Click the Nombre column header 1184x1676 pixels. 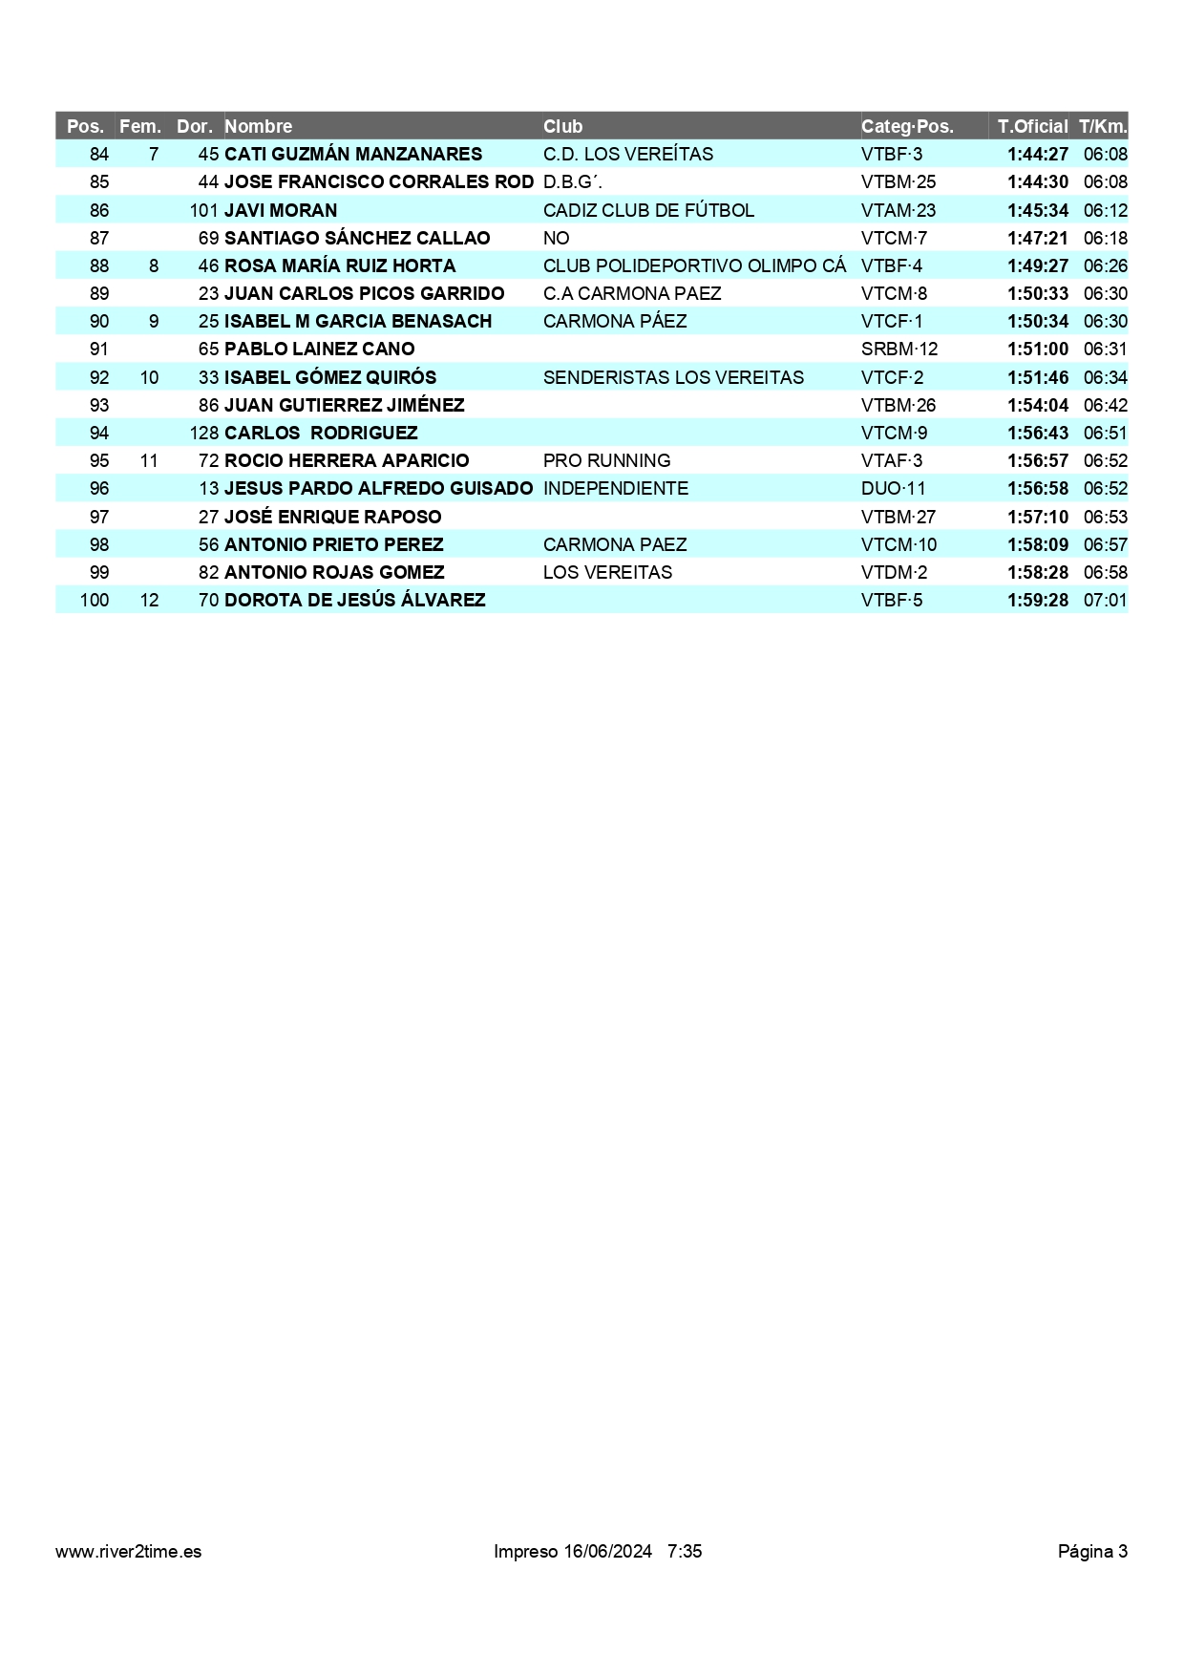click(x=259, y=126)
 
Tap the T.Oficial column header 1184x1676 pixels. click(x=1032, y=126)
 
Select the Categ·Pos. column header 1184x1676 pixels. click(x=907, y=126)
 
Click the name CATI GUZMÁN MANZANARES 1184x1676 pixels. click(x=353, y=154)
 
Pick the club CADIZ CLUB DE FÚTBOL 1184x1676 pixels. click(x=648, y=210)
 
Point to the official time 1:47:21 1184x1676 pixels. click(x=1037, y=238)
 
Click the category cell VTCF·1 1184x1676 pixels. click(x=892, y=321)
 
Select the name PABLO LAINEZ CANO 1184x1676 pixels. click(x=320, y=349)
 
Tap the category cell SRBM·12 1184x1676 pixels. click(x=899, y=349)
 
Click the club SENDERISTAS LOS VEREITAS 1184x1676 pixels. click(x=673, y=377)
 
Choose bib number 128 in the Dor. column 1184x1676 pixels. click(x=204, y=433)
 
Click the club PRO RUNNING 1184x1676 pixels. click(x=606, y=460)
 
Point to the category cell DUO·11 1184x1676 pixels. click(x=894, y=488)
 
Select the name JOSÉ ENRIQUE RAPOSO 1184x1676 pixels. click(x=333, y=517)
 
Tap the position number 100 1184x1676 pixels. click(x=95, y=600)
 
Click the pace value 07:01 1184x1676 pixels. click(x=1105, y=600)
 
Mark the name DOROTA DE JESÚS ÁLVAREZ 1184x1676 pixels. click(x=355, y=600)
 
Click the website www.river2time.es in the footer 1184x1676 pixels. click(x=129, y=1551)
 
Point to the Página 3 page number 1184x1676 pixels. click(x=1092, y=1551)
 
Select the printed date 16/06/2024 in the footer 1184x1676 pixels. click(x=607, y=1551)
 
